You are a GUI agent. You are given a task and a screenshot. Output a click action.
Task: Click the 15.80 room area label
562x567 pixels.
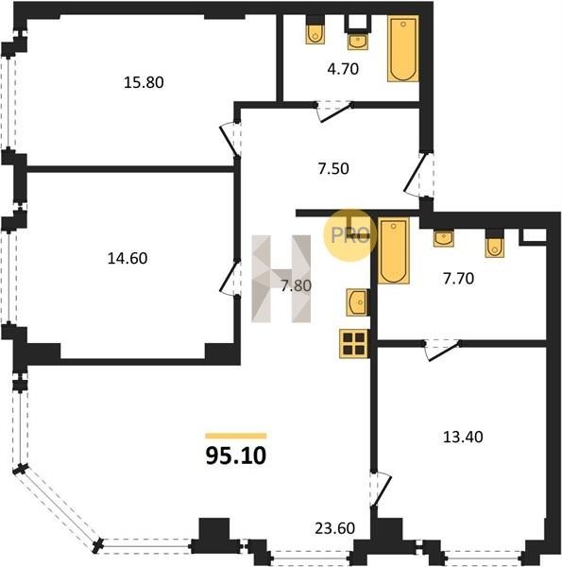click(144, 82)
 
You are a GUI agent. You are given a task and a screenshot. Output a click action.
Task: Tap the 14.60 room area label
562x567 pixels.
click(128, 259)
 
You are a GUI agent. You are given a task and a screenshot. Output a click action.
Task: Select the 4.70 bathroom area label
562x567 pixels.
click(343, 69)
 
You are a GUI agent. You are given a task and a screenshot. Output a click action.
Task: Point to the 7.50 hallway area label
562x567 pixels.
click(333, 169)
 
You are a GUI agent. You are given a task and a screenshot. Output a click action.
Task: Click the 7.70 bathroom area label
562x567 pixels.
click(459, 279)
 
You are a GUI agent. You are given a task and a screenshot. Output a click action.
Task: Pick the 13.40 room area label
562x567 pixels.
click(463, 438)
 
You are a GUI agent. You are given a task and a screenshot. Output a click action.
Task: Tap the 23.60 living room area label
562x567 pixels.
click(334, 528)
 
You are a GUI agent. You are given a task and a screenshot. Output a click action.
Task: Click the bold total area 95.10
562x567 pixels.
click(236, 455)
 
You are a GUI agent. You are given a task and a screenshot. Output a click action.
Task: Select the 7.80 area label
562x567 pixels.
click(297, 285)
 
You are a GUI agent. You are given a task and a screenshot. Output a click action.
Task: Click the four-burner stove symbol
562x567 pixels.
click(354, 344)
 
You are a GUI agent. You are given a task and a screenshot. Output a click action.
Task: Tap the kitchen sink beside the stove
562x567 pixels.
click(357, 302)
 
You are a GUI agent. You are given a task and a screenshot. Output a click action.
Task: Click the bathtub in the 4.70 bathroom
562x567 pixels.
click(403, 48)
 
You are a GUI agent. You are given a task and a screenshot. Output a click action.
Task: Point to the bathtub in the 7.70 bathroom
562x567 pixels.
click(394, 250)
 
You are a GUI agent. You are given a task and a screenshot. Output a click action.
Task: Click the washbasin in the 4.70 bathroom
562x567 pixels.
click(358, 41)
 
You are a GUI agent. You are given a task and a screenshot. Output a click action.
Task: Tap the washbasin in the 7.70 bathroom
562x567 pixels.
click(444, 239)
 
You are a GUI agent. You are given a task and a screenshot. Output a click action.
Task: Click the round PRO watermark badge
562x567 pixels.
click(349, 235)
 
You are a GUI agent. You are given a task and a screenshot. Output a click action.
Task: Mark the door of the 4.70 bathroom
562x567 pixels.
click(335, 113)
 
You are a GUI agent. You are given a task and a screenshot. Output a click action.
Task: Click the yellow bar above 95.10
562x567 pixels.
click(236, 436)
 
